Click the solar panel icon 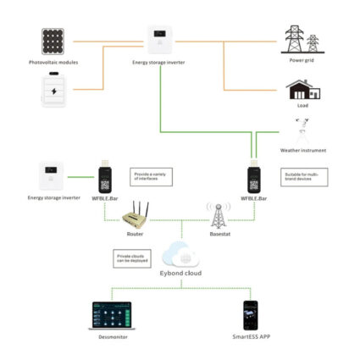point(53,42)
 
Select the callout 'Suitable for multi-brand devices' point(300,176)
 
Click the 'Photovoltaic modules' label point(53,63)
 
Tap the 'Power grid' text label point(301,60)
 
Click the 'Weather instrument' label point(302,150)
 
